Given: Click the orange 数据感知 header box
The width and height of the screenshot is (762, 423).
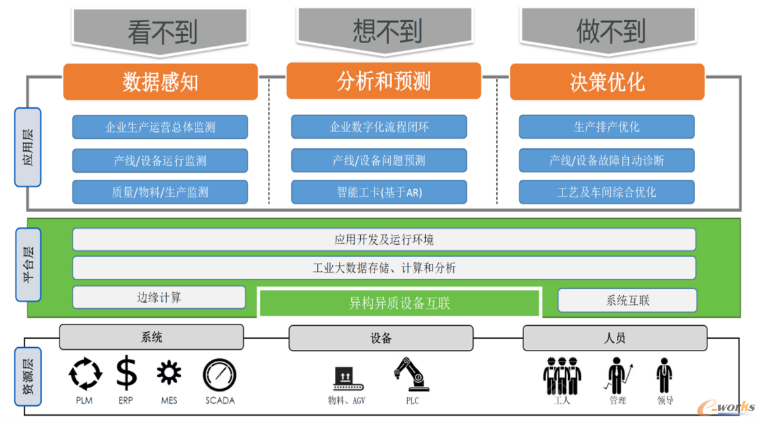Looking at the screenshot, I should click(x=160, y=82).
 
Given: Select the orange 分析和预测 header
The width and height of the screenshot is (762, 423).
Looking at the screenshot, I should click(x=383, y=81).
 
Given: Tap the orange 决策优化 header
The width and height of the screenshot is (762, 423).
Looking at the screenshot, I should click(x=607, y=82).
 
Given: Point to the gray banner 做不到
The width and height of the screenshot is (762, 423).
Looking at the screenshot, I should click(x=610, y=31).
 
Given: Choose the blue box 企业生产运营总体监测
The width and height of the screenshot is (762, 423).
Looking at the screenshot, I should click(x=160, y=127).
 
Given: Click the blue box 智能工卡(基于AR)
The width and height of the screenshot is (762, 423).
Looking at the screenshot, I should click(x=379, y=192).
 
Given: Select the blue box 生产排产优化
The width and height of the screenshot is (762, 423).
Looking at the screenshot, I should click(x=606, y=127).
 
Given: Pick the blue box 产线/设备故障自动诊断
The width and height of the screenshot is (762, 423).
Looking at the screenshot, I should click(x=606, y=161).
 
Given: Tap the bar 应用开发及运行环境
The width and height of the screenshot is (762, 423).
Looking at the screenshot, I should click(x=383, y=240).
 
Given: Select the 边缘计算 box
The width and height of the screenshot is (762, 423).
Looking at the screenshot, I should click(x=159, y=297).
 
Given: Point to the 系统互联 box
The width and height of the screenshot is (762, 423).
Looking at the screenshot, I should click(x=627, y=300).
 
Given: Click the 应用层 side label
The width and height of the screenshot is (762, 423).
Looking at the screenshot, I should click(x=28, y=147).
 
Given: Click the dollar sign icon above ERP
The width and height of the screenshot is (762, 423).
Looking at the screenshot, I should click(x=126, y=374).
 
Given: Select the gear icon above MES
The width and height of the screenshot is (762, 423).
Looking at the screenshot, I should click(x=169, y=374).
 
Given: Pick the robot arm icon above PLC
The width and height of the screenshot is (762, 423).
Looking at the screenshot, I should click(x=411, y=374).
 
